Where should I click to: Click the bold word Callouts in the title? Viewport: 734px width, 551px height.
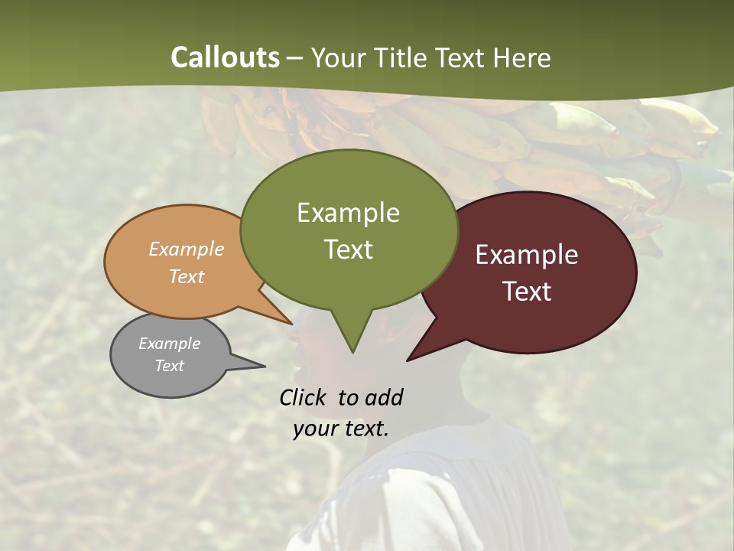(225, 57)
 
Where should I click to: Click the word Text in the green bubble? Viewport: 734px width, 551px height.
(348, 249)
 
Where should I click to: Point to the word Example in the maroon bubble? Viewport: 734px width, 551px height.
(527, 254)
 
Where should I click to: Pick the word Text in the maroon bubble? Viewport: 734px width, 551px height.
(527, 292)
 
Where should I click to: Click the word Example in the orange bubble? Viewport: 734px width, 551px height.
(187, 249)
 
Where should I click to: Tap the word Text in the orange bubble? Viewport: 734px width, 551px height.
(187, 276)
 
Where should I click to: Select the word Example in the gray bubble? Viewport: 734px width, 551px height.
(170, 344)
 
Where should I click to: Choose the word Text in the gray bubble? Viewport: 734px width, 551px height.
(170, 366)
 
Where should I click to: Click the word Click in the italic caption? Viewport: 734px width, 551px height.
(304, 397)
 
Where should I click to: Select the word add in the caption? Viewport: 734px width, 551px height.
(384, 397)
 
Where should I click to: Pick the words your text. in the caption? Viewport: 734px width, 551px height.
(341, 429)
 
